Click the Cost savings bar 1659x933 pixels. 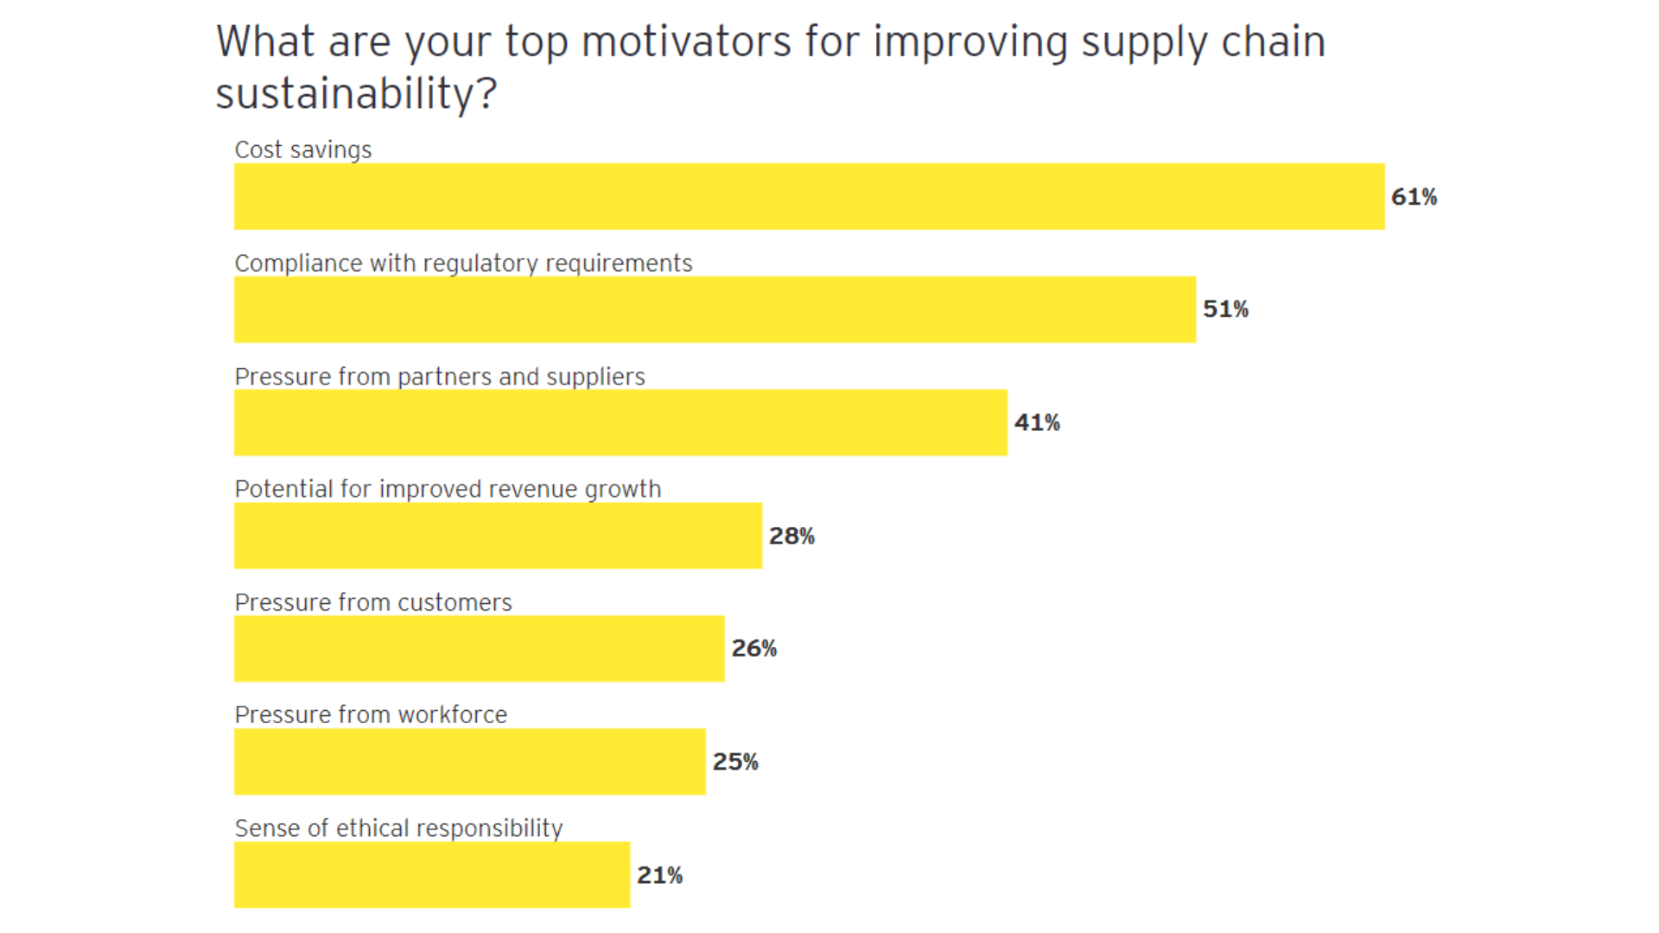click(809, 196)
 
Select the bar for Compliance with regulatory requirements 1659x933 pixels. click(715, 309)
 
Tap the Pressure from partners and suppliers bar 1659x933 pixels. click(620, 422)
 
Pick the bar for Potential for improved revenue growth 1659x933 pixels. click(498, 536)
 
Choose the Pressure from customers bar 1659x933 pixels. click(479, 649)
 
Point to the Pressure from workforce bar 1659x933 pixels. click(469, 762)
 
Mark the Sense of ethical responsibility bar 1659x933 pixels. click(432, 875)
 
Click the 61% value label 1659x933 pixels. click(1414, 197)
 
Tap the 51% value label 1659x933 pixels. click(1225, 309)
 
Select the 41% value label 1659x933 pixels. click(1037, 422)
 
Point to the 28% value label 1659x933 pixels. click(791, 536)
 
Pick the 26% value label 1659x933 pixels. click(753, 649)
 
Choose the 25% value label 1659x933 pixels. click(735, 762)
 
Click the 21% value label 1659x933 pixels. click(659, 875)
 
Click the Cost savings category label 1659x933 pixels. click(302, 150)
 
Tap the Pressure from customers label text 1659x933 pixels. click(373, 602)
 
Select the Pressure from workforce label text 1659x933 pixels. click(371, 715)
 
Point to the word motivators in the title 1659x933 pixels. click(686, 41)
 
